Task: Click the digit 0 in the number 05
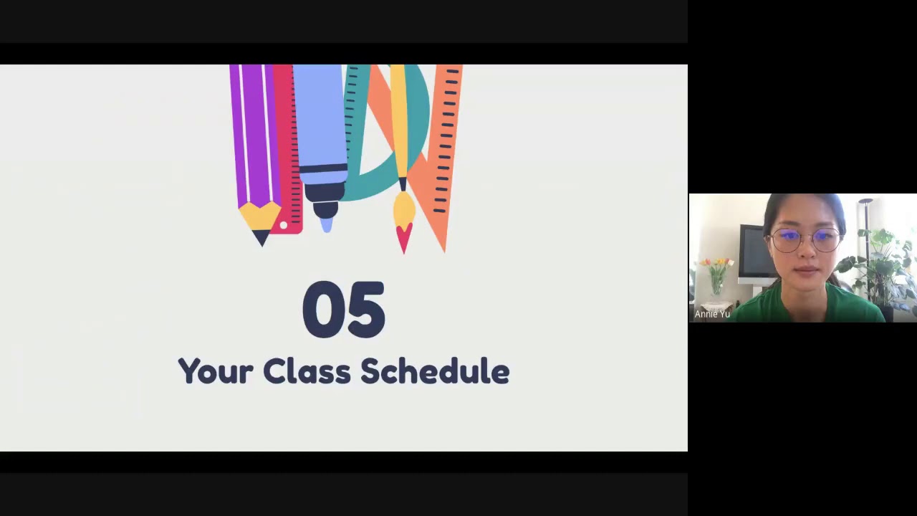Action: (x=323, y=310)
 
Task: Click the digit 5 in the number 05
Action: (x=366, y=310)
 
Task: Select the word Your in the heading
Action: (x=215, y=372)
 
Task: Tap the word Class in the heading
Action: (x=306, y=371)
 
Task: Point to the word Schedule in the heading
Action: (x=434, y=371)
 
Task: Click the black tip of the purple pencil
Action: (x=261, y=239)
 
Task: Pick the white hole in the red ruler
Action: (x=284, y=226)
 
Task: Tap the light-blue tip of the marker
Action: (x=327, y=225)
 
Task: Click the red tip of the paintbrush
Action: (x=404, y=238)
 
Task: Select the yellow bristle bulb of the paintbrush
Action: (x=404, y=209)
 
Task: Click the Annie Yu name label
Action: (x=712, y=314)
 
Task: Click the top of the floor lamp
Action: (x=867, y=202)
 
